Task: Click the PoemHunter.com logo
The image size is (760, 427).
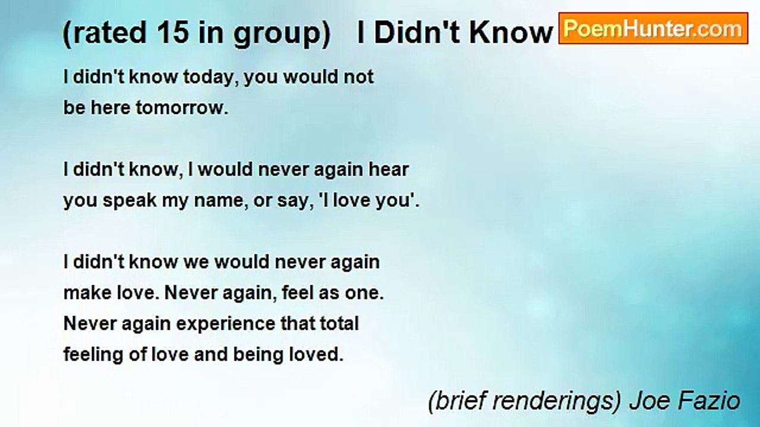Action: click(x=653, y=28)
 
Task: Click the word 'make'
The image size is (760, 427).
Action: click(x=87, y=293)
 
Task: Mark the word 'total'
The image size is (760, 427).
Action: click(x=339, y=324)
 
